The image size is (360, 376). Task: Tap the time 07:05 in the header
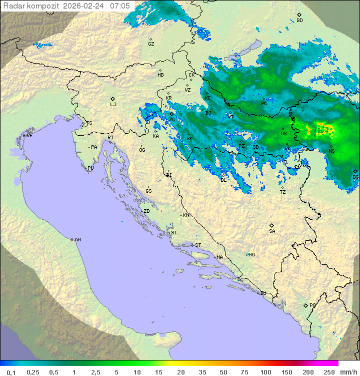pos(120,6)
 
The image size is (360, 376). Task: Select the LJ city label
pos(113,104)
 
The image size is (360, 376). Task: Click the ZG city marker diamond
pos(171,114)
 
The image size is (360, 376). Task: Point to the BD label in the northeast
pos(299,21)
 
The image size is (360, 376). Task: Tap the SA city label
pos(272,231)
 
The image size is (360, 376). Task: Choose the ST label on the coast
pos(198,245)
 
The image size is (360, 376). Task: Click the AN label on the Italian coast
pos(77,240)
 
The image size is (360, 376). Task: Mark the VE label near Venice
pos(29,135)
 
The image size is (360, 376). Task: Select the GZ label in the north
pos(151,44)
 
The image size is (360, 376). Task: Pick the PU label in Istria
pos(90,168)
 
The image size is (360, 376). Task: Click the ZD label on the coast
pos(146,211)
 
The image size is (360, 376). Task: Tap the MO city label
pos(251,254)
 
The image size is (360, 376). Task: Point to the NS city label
pos(331,151)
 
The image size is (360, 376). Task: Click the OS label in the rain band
pos(283,134)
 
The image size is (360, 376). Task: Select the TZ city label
pos(283,192)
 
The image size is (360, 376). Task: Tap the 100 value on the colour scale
pos(265,372)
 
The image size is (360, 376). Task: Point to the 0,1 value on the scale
pos(11,372)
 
